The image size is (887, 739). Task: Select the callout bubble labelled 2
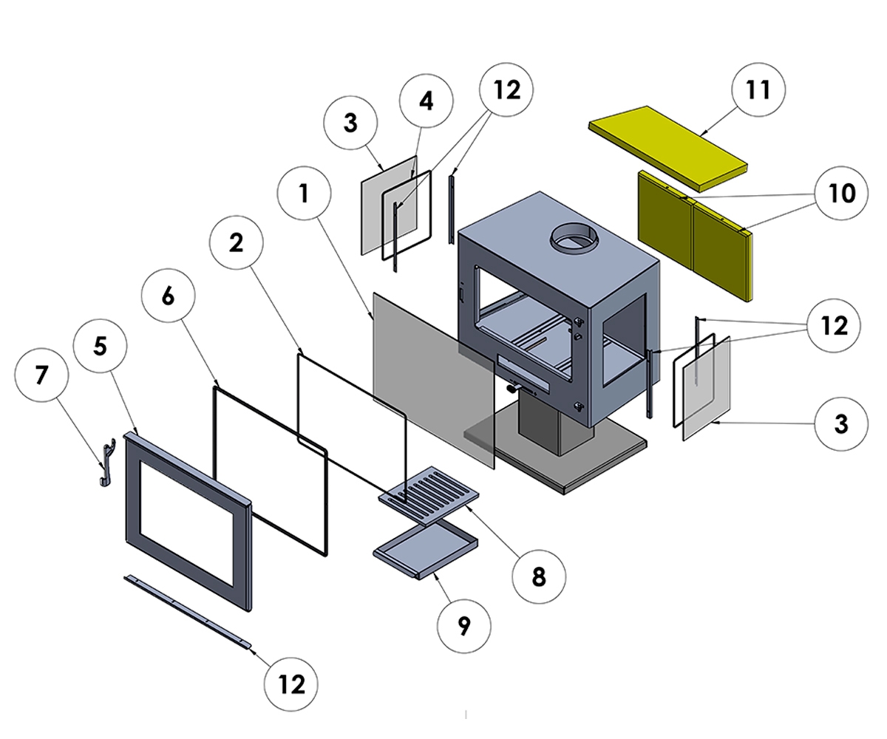237,243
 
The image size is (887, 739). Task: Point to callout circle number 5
101,346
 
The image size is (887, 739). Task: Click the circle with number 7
41,375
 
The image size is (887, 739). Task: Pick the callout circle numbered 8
538,576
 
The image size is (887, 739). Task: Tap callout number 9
464,625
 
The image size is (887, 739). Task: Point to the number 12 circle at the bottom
292,684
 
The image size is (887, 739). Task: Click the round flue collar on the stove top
574,239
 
